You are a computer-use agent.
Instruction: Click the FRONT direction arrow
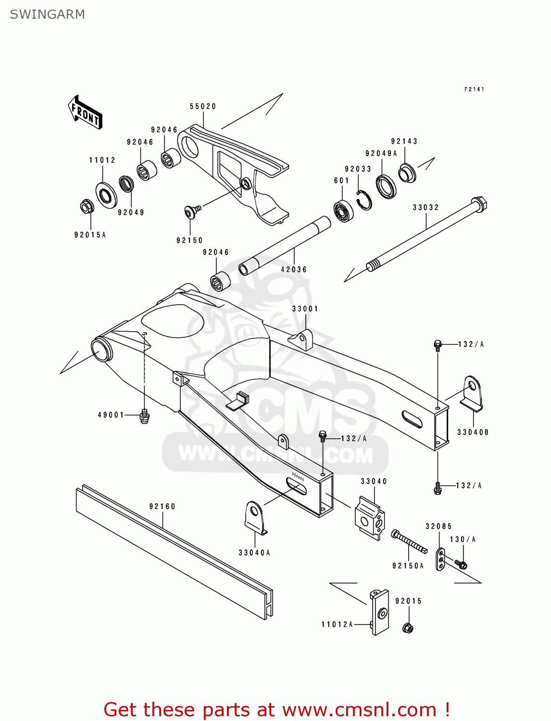click(86, 112)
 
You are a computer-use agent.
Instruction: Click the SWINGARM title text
click(47, 14)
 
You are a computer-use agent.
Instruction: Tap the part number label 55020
click(203, 106)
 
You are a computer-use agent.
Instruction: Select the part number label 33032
click(426, 207)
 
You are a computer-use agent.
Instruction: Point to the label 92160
click(162, 506)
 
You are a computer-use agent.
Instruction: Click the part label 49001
click(111, 415)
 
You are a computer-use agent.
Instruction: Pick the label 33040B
click(473, 432)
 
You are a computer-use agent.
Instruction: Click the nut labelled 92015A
click(87, 207)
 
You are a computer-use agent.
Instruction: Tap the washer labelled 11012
click(106, 195)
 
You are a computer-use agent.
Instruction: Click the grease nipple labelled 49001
click(143, 416)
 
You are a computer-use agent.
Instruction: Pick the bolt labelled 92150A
click(409, 542)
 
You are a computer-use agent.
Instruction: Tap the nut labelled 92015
click(409, 628)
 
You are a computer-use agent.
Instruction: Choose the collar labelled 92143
click(408, 173)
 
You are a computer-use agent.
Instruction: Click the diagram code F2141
click(474, 89)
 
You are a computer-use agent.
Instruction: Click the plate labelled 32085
click(441, 559)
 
